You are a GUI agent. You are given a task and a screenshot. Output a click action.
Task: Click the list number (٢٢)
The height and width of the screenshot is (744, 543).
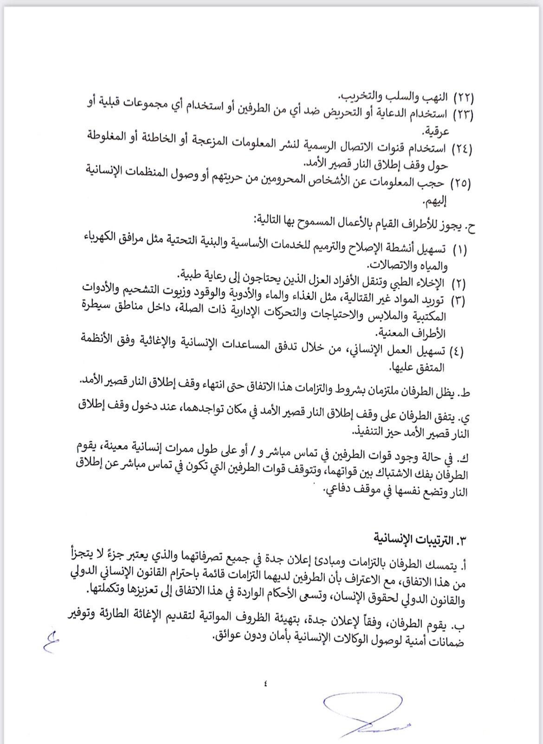[463, 98]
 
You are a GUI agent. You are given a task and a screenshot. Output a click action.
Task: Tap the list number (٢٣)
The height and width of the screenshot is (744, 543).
[462, 115]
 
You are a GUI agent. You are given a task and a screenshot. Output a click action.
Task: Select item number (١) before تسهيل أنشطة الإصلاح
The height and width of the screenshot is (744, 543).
[459, 250]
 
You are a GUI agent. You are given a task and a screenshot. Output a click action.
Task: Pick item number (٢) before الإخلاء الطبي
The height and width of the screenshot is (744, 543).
[459, 283]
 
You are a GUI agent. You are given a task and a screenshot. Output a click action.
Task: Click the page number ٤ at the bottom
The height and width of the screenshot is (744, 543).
[265, 682]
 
